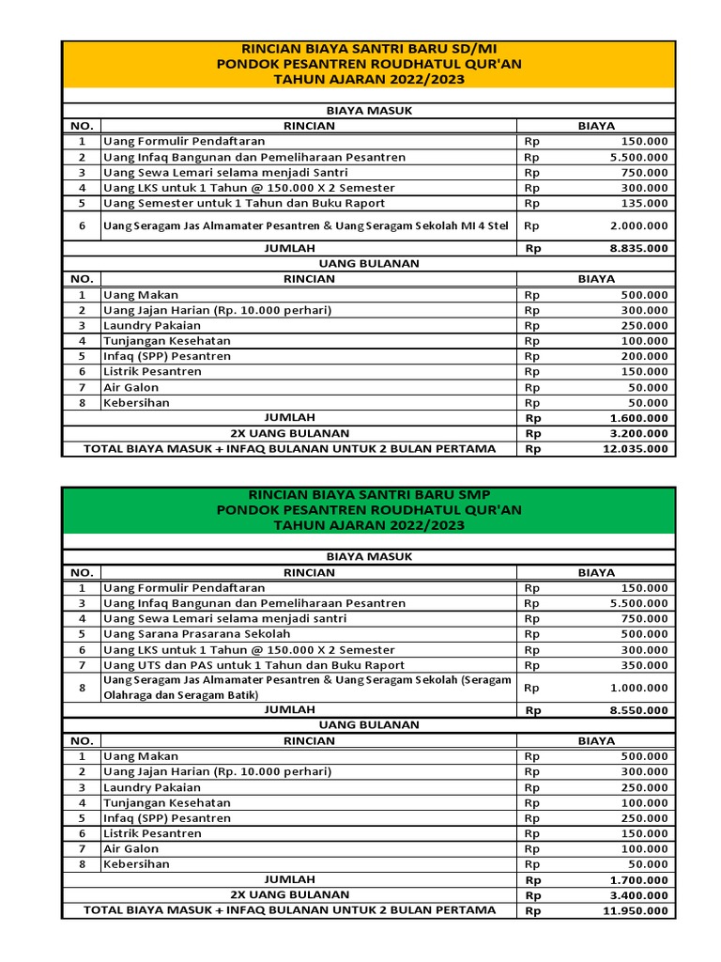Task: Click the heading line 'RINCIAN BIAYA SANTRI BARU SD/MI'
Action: tap(368, 49)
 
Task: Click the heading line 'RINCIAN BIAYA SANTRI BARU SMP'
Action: tap(368, 494)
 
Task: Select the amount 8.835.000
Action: tap(638, 249)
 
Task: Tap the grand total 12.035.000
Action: tap(635, 449)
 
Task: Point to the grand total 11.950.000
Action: tap(635, 910)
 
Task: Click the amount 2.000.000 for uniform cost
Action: tap(638, 225)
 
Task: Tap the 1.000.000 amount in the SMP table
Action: tap(638, 688)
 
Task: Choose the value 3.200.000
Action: tap(638, 433)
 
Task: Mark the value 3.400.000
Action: tap(638, 895)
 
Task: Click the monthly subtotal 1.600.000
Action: tap(638, 418)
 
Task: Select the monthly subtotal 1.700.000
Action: tap(638, 880)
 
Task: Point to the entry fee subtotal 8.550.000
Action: tap(638, 711)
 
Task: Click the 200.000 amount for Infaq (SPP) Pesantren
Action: tap(644, 356)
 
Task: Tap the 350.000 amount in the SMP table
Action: tap(644, 665)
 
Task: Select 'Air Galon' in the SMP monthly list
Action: tap(131, 848)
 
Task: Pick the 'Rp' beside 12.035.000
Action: tap(533, 449)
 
